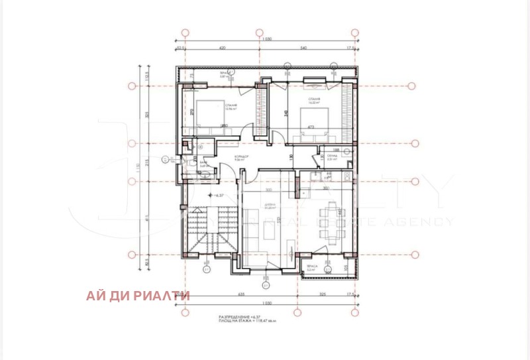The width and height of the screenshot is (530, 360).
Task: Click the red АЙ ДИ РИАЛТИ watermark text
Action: (138, 296)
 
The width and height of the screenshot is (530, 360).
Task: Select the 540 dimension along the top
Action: (304, 48)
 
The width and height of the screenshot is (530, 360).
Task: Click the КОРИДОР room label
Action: (241, 156)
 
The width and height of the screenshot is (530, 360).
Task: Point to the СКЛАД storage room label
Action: (331, 157)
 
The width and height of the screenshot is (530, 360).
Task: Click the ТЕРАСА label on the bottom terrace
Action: (311, 267)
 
